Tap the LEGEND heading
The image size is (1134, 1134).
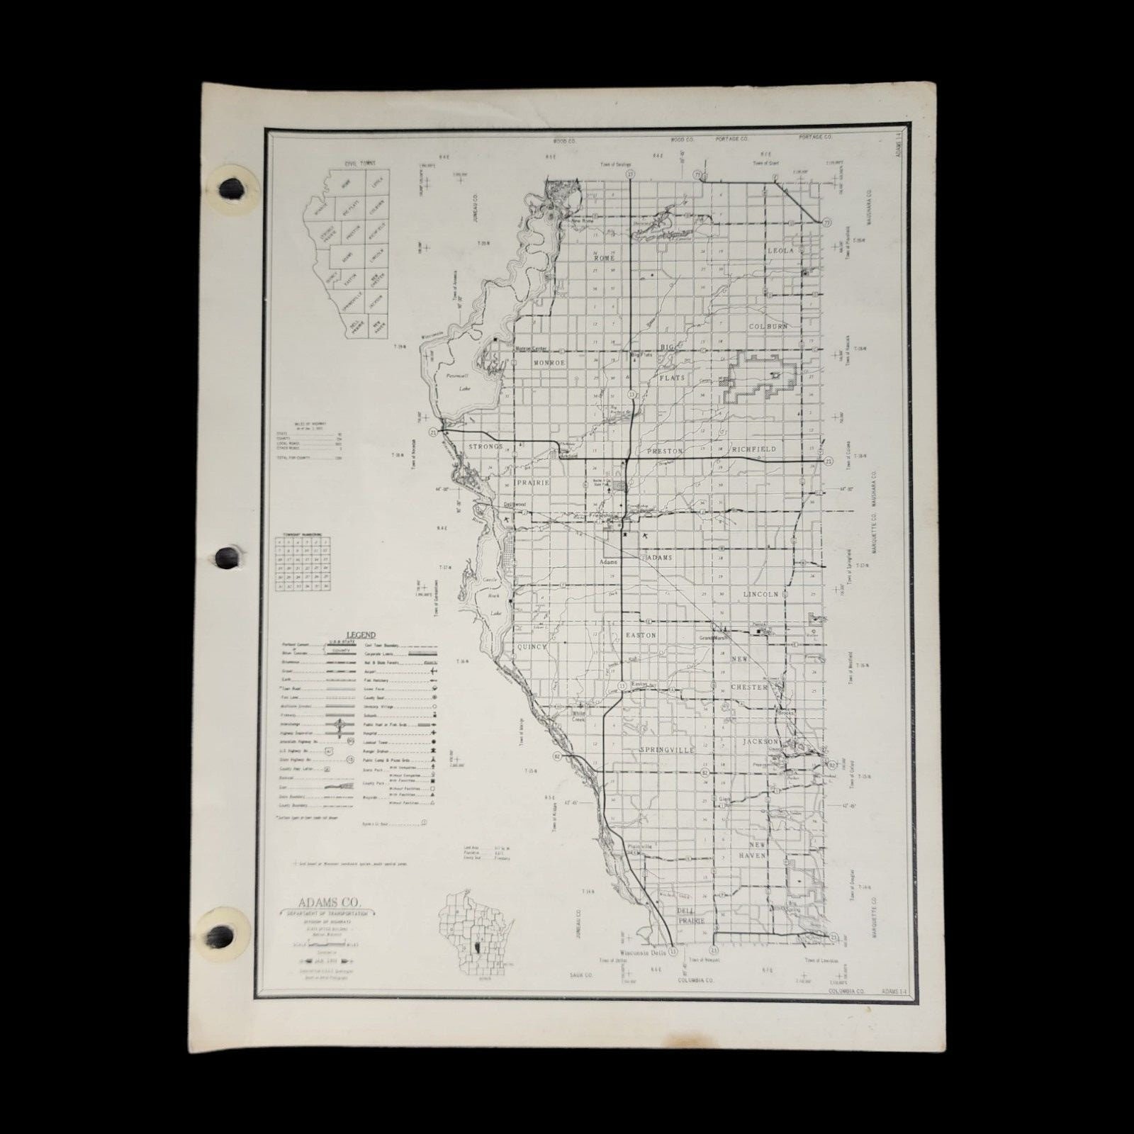click(x=360, y=636)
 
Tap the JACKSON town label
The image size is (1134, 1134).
click(x=760, y=741)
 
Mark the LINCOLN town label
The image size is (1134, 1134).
click(x=760, y=594)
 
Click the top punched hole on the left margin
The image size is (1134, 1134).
click(x=232, y=189)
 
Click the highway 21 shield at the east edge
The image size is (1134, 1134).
click(x=829, y=461)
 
